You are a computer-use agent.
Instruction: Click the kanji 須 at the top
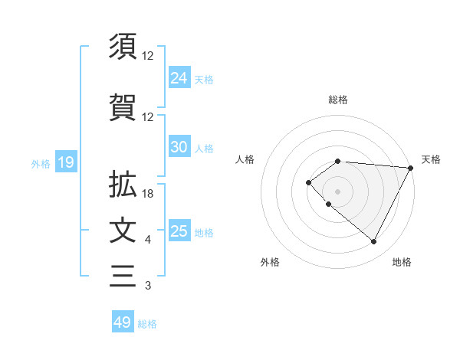coord(123,47)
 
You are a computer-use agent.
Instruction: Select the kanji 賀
coord(123,107)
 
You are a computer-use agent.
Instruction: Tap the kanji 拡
coord(123,185)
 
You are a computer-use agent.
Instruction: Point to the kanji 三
coord(123,276)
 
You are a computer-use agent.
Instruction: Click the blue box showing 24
coord(179,78)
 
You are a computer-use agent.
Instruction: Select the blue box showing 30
coord(179,147)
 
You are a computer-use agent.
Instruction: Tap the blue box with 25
coord(179,231)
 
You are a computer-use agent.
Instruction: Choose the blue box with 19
coord(65,162)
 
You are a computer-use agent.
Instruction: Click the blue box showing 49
coord(122,322)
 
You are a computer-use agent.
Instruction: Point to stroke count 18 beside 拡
coord(148,194)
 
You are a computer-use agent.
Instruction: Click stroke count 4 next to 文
coord(148,240)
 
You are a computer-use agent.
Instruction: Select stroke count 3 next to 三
coord(148,286)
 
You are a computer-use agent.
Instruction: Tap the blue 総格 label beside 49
coord(147,324)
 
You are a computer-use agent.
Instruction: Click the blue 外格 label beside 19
coord(40,163)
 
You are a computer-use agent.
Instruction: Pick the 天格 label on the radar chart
coord(431,159)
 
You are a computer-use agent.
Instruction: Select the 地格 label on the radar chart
coord(402,262)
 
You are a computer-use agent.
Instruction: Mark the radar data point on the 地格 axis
coord(374,242)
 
